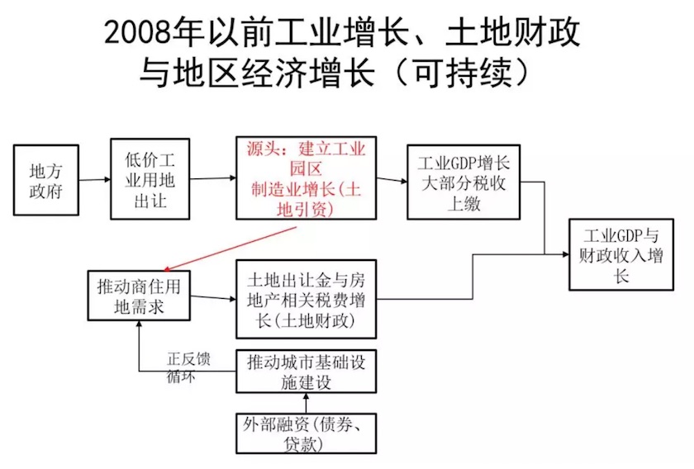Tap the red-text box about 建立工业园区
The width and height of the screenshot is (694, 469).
click(306, 178)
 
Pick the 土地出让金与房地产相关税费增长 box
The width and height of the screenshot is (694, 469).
click(306, 298)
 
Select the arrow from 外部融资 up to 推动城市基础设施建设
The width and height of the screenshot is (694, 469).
click(306, 403)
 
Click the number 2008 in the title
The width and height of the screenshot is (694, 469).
click(140, 31)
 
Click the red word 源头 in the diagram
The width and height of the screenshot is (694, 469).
click(262, 149)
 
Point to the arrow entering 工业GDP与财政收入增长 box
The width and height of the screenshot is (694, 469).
click(558, 253)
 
